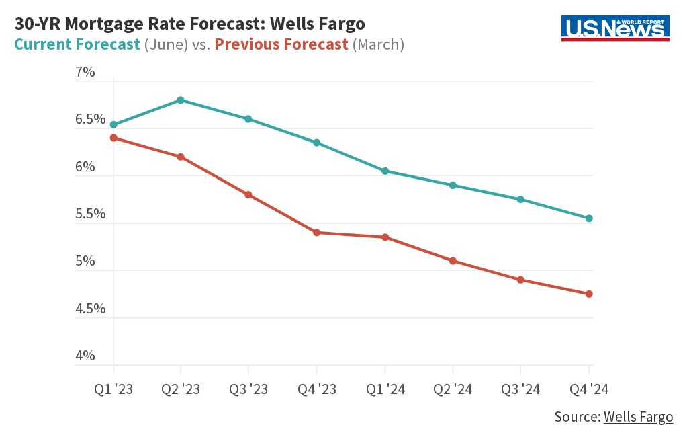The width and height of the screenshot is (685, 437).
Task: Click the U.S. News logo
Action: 615,28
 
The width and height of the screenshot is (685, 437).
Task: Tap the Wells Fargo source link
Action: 637,417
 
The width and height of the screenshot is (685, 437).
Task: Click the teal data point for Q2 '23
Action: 181,100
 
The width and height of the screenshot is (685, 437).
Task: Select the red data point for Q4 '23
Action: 316,233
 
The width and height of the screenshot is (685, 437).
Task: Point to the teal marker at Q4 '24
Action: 589,218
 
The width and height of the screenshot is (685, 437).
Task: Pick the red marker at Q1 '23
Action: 113,138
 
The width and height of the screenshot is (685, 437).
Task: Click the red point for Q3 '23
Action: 248,195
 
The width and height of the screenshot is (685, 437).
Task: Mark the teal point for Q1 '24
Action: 385,171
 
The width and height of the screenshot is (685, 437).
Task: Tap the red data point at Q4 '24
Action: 589,294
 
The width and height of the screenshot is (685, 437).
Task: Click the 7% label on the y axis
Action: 85,72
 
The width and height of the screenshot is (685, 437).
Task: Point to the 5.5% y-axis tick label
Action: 90,214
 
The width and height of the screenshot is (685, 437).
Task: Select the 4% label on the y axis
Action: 85,356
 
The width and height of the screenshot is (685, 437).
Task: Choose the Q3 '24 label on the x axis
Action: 520,389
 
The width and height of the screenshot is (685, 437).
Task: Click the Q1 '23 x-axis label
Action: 113,389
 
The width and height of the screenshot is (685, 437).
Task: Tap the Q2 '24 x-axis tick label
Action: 453,389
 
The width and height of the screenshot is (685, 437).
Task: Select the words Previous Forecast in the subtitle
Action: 281,45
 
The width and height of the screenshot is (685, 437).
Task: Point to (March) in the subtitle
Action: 378,45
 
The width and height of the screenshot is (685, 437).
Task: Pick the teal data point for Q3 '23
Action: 248,119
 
